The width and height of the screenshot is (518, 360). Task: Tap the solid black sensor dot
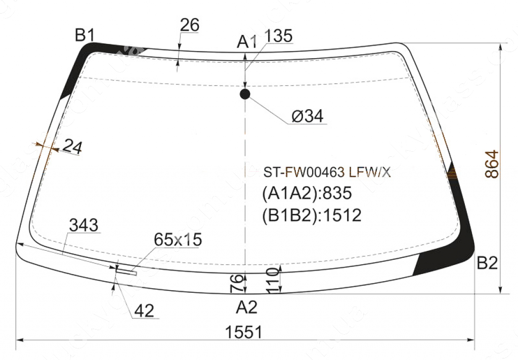click(245, 94)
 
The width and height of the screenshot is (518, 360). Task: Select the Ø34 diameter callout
click(307, 116)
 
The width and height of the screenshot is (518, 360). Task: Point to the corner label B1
click(85, 35)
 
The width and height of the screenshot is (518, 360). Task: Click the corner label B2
click(488, 263)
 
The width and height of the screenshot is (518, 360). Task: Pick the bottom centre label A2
click(247, 307)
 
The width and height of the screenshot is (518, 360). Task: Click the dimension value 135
click(278, 36)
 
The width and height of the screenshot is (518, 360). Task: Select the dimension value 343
click(83, 226)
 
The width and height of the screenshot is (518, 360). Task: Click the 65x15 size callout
click(178, 240)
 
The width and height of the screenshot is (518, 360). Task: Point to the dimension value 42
click(144, 311)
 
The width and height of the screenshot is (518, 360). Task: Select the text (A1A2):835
click(307, 194)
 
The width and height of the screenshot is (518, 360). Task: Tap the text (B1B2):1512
click(312, 215)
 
